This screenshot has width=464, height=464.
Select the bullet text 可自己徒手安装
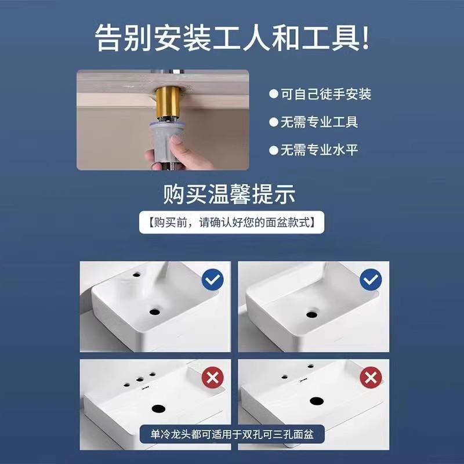coord(326,94)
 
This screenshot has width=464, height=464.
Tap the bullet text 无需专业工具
coord(320,122)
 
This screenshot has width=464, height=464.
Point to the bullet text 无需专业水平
coord(320,150)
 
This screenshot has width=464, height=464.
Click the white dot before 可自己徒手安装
coord(273,94)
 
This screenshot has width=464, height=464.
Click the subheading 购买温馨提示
coord(231,193)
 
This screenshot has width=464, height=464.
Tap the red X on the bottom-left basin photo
coord(212,378)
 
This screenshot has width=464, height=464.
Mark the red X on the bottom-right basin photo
coord(370,378)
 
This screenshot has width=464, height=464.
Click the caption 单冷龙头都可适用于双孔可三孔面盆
coord(231,433)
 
